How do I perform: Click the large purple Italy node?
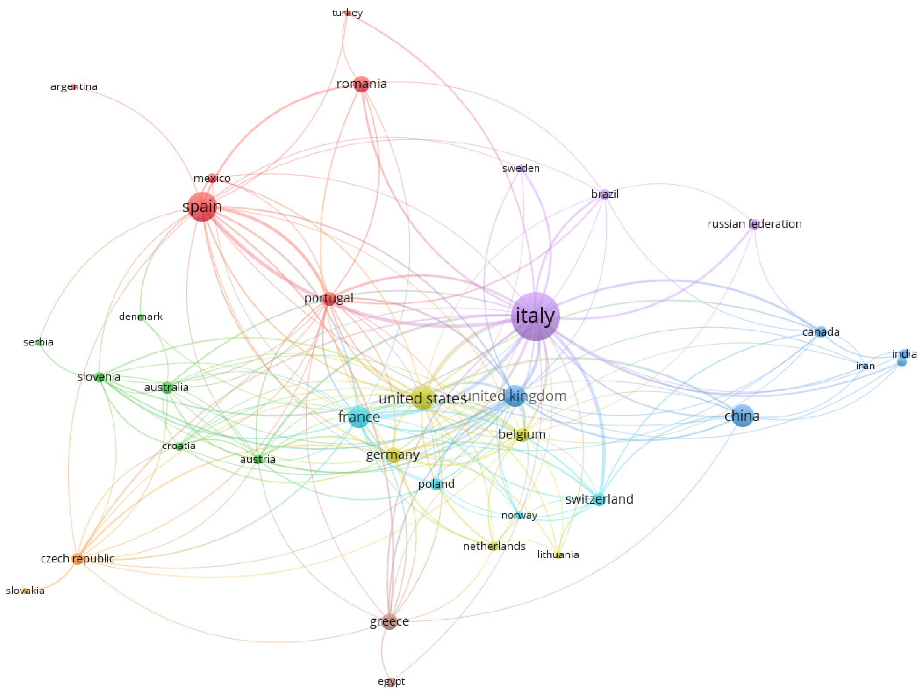pyautogui.click(x=535, y=316)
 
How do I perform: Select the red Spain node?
pyautogui.click(x=202, y=207)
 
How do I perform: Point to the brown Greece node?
pyautogui.click(x=389, y=621)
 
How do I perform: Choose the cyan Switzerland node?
pyautogui.click(x=599, y=499)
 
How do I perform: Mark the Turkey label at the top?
pyautogui.click(x=347, y=13)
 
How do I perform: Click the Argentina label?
pyautogui.click(x=74, y=87)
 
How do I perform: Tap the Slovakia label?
pyautogui.click(x=25, y=591)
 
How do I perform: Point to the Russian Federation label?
pyautogui.click(x=754, y=224)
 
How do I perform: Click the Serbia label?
pyautogui.click(x=38, y=342)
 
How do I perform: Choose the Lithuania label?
pyautogui.click(x=558, y=555)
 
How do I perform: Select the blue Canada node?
pyautogui.click(x=821, y=332)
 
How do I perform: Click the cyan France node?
pyautogui.click(x=359, y=417)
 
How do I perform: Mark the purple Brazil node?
pyautogui.click(x=605, y=195)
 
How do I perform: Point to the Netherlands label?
pyautogui.click(x=494, y=546)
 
